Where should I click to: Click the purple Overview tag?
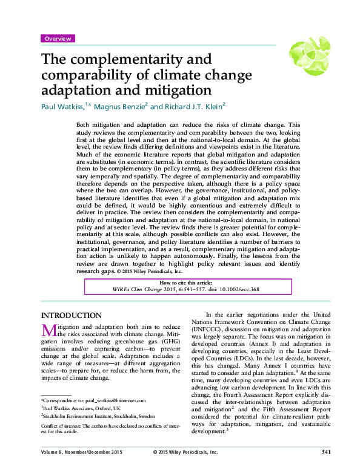58,38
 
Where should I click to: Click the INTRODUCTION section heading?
71,315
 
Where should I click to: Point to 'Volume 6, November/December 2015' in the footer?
77,468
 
